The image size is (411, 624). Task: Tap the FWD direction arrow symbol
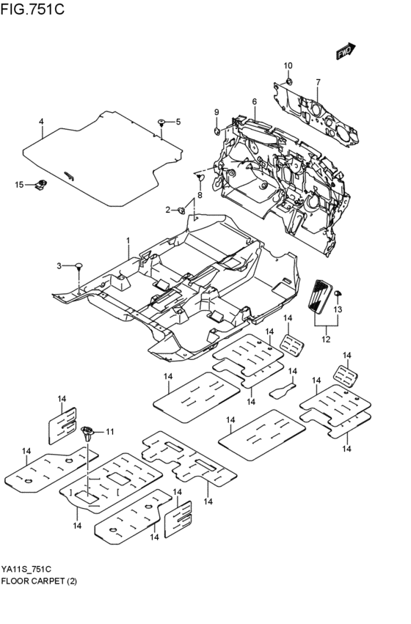pyautogui.click(x=346, y=51)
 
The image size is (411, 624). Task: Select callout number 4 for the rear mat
pyautogui.click(x=42, y=121)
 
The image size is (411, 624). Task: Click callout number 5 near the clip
pyautogui.click(x=177, y=121)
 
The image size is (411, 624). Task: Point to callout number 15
pyautogui.click(x=20, y=183)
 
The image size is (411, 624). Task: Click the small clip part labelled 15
pyautogui.click(x=43, y=183)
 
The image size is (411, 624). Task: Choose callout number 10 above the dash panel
pyautogui.click(x=288, y=66)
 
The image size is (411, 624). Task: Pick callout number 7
pyautogui.click(x=318, y=81)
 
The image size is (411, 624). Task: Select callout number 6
pyautogui.click(x=254, y=101)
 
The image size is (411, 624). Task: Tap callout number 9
pyautogui.click(x=217, y=111)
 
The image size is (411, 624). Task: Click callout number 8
pyautogui.click(x=199, y=196)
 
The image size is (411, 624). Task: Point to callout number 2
pyautogui.click(x=168, y=210)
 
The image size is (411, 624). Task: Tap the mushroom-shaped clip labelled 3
pyautogui.click(x=78, y=265)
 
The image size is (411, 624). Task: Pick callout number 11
pyautogui.click(x=110, y=431)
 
